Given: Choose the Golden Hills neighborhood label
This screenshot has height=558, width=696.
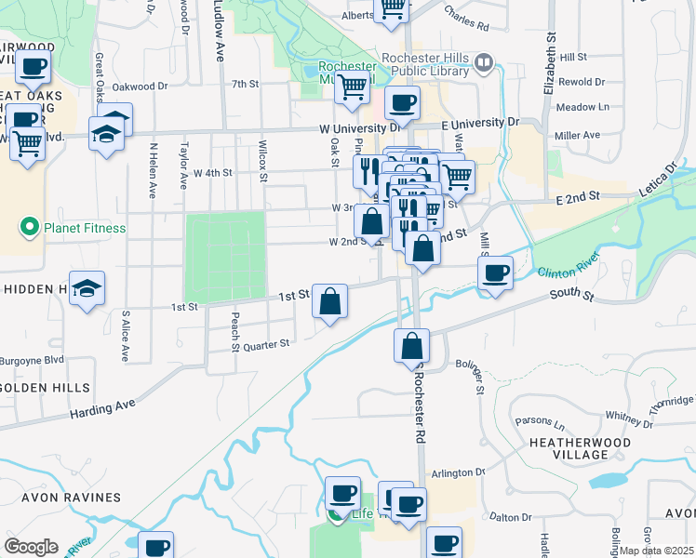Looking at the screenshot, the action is coord(47,387).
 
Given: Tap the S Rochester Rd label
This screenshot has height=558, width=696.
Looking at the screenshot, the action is coord(420,409).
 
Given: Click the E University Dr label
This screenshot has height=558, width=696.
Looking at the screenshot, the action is coord(479,123).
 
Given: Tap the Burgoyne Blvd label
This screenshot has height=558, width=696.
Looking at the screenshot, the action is coord(32,358).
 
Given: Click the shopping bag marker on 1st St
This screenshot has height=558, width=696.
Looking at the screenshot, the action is coord(329,301).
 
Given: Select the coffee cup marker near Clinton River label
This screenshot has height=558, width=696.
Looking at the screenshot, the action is coord(495,273).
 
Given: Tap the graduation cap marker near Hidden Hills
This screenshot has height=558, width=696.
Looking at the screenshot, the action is coord(87,288).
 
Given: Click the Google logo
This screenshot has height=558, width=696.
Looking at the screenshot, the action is coord(31,547).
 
